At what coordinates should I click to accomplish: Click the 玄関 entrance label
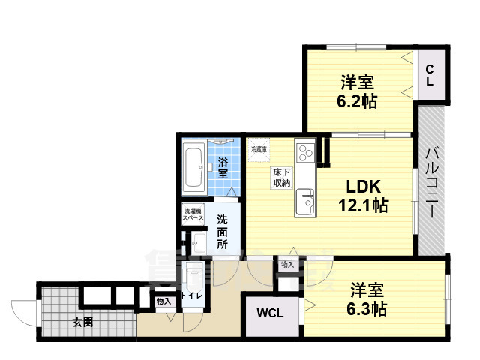[82, 322]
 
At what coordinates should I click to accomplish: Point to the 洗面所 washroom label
[223, 232]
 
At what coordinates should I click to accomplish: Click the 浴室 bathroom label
[223, 167]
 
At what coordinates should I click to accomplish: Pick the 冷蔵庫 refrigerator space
[259, 150]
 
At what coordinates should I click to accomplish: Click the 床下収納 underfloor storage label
[281, 177]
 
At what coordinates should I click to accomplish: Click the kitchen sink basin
[305, 200]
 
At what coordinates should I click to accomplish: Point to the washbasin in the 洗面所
[198, 242]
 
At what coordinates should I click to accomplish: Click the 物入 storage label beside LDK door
[287, 264]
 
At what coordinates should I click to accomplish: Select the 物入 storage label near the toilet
[163, 301]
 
